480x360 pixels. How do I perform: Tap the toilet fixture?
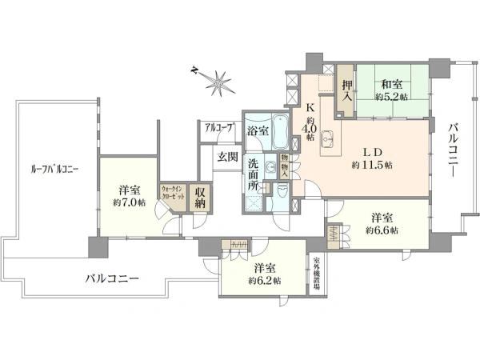click(x=283, y=192)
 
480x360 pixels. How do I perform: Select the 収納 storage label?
click(x=201, y=197)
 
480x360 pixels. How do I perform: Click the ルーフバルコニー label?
click(x=54, y=169)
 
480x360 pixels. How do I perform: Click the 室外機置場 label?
click(x=318, y=275)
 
